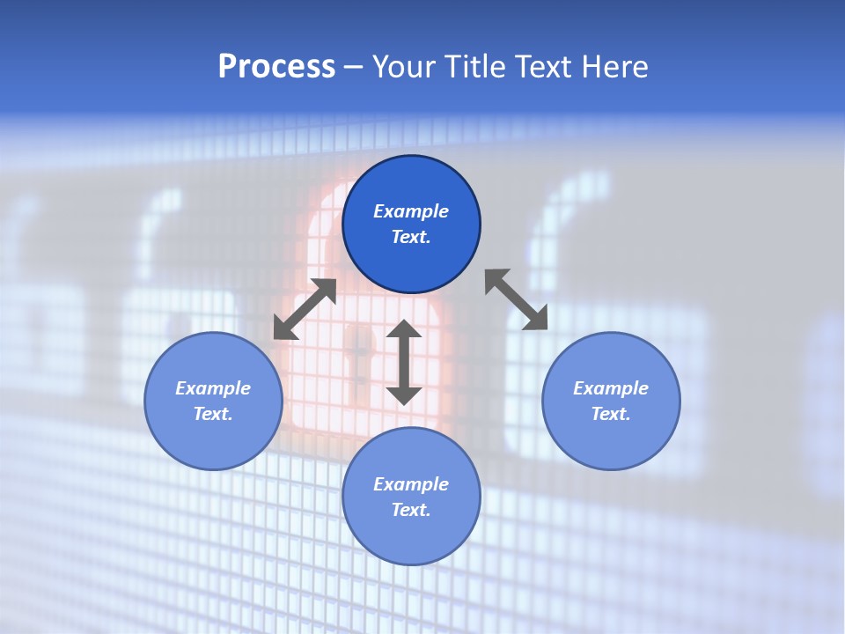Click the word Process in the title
pos(276,67)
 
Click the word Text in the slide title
pos(544,67)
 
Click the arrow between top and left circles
pos(305,309)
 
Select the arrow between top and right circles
pos(517,299)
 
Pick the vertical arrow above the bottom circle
pos(404,362)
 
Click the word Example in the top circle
pos(411,211)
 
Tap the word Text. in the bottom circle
pos(411,510)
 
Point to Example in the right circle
pos(611,388)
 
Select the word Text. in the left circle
pos(213,414)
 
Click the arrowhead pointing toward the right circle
pos(537,320)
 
